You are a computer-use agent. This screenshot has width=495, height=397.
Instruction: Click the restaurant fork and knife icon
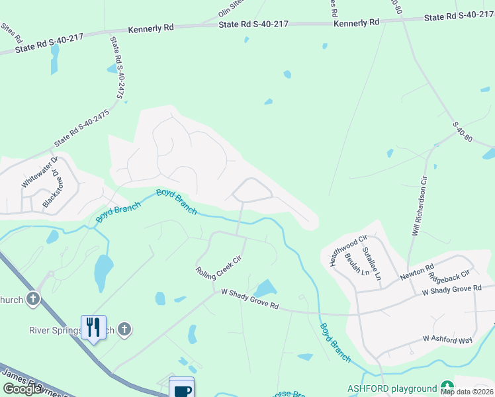tap(93, 327)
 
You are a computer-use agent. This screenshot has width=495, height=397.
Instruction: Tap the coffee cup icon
tap(181, 389)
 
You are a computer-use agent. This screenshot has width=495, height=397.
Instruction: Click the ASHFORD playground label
tap(392, 388)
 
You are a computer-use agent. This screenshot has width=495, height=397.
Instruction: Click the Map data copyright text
tap(467, 392)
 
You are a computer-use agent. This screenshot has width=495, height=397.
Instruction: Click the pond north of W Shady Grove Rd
tap(266, 288)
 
